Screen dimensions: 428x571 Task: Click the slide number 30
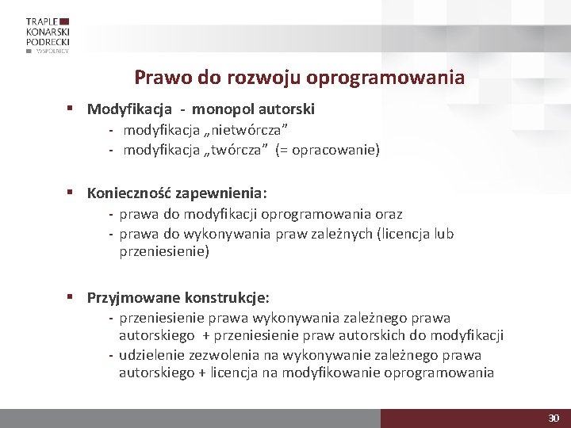(554, 418)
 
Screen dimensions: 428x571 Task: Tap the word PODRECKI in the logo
(48, 40)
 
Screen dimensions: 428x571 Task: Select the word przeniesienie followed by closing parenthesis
(164, 252)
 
